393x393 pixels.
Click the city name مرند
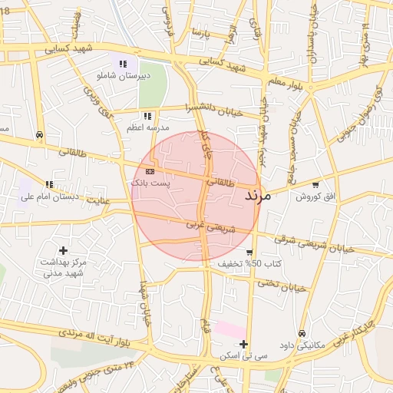258,196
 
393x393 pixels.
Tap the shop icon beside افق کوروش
315,185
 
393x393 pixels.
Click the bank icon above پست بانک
150,171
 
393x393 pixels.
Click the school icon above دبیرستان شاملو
122,64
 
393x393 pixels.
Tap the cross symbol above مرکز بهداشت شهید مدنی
63,250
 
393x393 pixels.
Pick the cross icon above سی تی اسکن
243,344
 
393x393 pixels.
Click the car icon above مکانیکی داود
302,334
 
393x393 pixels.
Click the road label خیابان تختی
280,286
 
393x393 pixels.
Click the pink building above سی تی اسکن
230,329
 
